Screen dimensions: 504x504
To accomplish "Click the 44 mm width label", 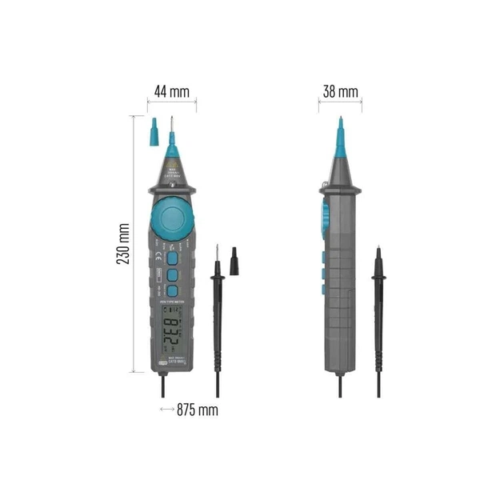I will point(171,91).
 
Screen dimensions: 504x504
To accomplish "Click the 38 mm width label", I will point(340,91).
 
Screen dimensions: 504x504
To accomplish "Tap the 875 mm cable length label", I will point(197,410).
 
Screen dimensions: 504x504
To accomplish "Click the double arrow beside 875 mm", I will point(166,410).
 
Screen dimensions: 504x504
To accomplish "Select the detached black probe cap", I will point(234,261).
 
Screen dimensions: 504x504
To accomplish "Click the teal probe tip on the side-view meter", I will point(340,136).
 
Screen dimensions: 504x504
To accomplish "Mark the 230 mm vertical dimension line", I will point(133,244).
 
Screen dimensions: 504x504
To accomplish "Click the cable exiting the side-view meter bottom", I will point(340,386).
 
